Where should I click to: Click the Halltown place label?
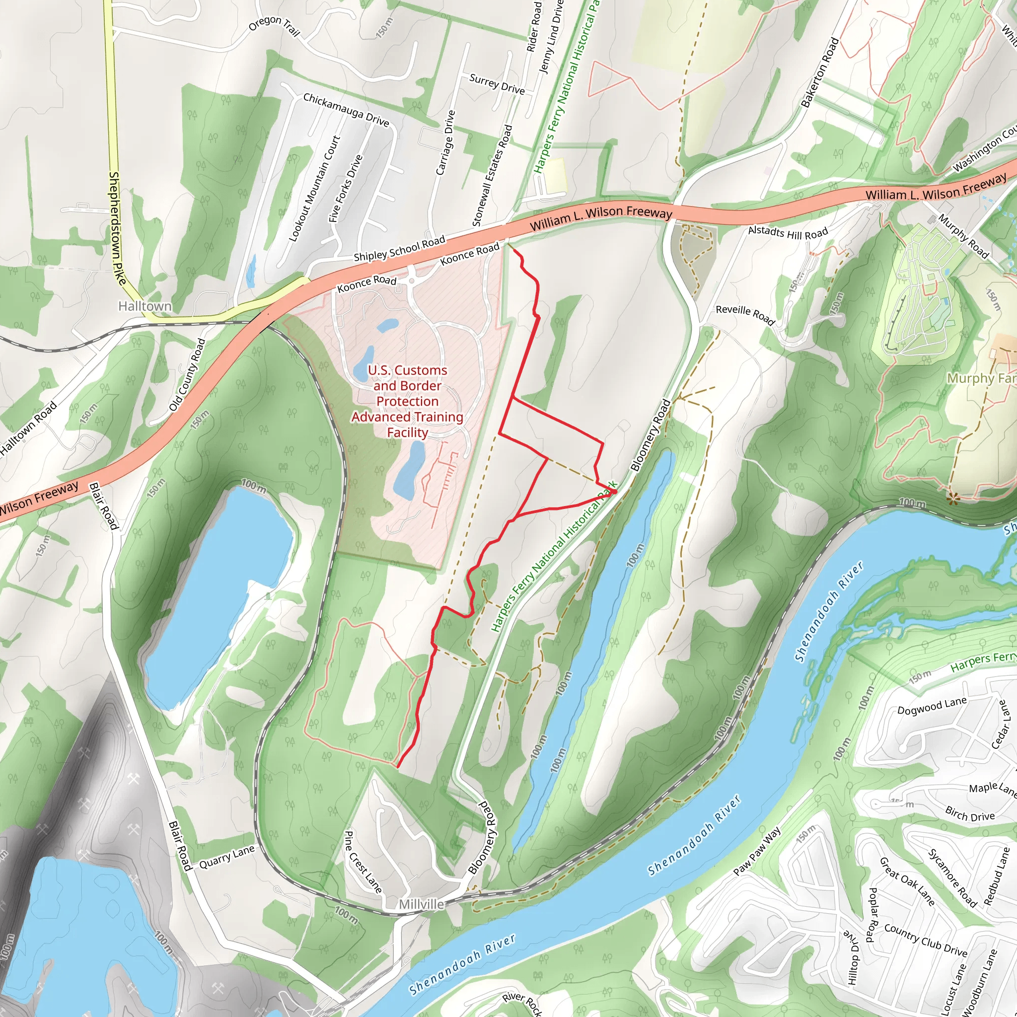tap(145, 306)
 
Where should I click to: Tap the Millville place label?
tap(421, 904)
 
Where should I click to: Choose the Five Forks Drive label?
tap(346, 188)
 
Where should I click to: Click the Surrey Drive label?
tap(497, 84)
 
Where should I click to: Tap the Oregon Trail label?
tap(274, 26)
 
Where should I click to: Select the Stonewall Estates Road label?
tap(492, 175)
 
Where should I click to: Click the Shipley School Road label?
tap(400, 248)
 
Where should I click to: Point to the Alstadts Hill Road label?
tap(788, 232)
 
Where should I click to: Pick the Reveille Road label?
tap(745, 315)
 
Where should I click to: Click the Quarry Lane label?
tap(227, 857)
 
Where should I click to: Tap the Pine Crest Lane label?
tap(363, 862)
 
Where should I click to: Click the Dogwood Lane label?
tap(932, 706)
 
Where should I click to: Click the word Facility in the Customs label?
tap(407, 432)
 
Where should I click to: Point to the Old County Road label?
tap(187, 375)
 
